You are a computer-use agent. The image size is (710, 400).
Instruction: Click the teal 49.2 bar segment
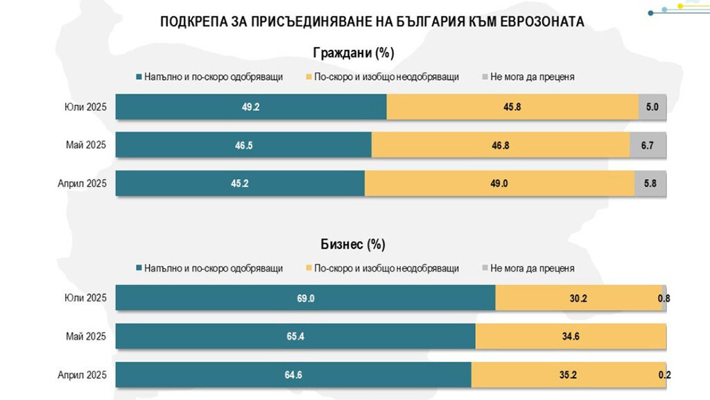click(x=251, y=107)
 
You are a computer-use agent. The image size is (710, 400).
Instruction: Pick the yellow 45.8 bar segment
click(x=512, y=107)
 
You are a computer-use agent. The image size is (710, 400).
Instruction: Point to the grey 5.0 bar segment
click(x=652, y=107)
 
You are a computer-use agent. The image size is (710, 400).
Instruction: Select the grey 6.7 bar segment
click(x=648, y=146)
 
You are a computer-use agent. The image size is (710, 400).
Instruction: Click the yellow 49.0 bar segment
click(x=499, y=184)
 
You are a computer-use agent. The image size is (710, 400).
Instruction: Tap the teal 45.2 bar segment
click(x=240, y=184)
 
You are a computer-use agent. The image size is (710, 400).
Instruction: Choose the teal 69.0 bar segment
click(x=305, y=298)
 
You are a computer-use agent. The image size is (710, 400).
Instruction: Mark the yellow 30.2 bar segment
click(x=579, y=298)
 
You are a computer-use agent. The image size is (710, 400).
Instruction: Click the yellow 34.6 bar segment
click(x=571, y=336)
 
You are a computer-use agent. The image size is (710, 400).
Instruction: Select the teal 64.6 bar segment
click(x=293, y=375)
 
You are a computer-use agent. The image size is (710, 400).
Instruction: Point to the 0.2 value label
click(x=664, y=375)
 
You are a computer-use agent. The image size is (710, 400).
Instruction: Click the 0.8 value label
click(x=664, y=299)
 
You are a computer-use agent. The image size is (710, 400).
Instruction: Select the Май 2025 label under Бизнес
click(x=85, y=336)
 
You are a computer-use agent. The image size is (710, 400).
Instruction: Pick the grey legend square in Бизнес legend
click(x=485, y=268)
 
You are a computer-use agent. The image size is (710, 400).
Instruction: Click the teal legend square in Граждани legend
click(x=140, y=76)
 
